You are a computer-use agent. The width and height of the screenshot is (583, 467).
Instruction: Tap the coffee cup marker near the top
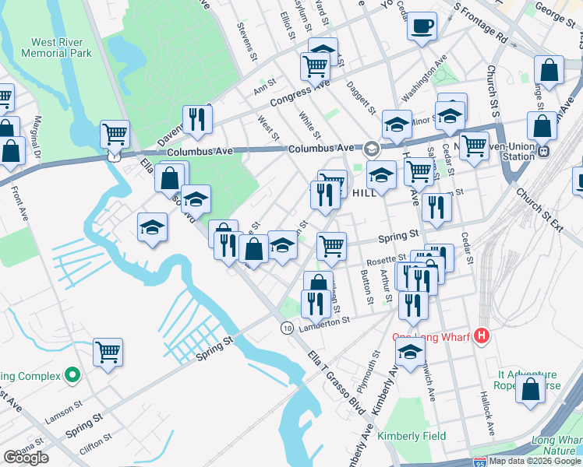pyautogui.click(x=422, y=26)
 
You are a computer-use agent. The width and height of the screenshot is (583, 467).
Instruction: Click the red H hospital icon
pyautogui.click(x=482, y=336)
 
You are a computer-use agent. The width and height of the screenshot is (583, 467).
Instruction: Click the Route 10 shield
pyautogui.click(x=288, y=328)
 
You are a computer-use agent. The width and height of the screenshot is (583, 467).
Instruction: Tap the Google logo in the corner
pyautogui.click(x=26, y=458)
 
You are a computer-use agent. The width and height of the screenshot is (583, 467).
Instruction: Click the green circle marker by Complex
pyautogui.click(x=73, y=377)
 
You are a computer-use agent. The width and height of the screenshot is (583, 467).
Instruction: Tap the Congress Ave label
pyautogui.click(x=300, y=97)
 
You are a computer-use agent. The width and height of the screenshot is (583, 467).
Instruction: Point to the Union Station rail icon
pyautogui.click(x=544, y=152)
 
